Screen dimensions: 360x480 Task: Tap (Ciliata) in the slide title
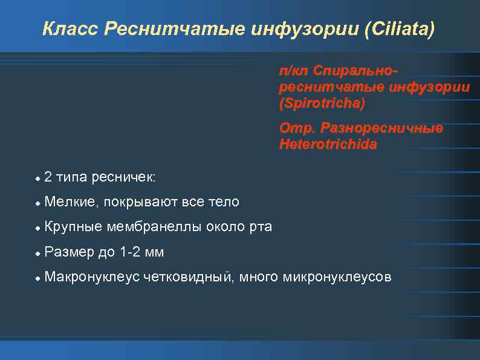coord(400,29)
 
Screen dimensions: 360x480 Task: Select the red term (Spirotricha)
coord(322,103)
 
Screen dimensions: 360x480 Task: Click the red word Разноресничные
coord(381,128)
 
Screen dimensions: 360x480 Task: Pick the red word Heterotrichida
coord(328,145)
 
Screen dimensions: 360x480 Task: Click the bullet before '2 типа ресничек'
coord(37,178)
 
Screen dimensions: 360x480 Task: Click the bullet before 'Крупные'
coord(37,227)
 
